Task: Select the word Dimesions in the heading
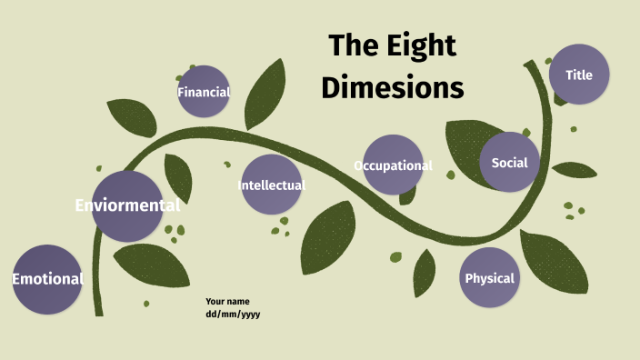pyautogui.click(x=393, y=87)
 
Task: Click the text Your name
pyautogui.click(x=227, y=301)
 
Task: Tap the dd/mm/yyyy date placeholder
pyautogui.click(x=234, y=314)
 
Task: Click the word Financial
pyautogui.click(x=205, y=92)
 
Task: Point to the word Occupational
pyautogui.click(x=393, y=165)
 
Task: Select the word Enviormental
pyautogui.click(x=127, y=205)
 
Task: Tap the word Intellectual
pyautogui.click(x=271, y=185)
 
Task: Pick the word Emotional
pyautogui.click(x=47, y=279)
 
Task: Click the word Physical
pyautogui.click(x=490, y=278)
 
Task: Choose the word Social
pyautogui.click(x=509, y=163)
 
